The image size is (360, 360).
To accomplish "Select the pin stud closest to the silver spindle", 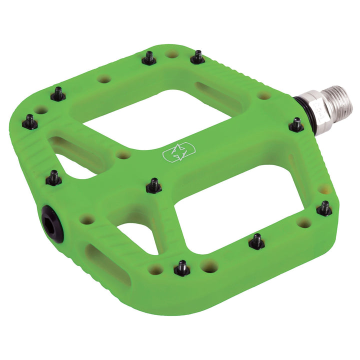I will pyautogui.click(x=296, y=124).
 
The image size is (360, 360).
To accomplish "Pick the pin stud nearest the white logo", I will pyautogui.click(x=153, y=185).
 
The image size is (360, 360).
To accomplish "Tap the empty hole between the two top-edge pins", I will pyautogui.click(x=172, y=54).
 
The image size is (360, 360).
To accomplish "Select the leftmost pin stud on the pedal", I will pyautogui.click(x=29, y=121).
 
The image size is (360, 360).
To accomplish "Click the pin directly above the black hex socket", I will pyautogui.click(x=54, y=177).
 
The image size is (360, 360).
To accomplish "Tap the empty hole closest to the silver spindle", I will pyautogui.click(x=264, y=95).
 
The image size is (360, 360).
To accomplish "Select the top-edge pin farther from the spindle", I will pyautogui.click(x=149, y=58).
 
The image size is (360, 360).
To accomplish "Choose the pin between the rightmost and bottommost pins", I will pyautogui.click(x=256, y=242).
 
